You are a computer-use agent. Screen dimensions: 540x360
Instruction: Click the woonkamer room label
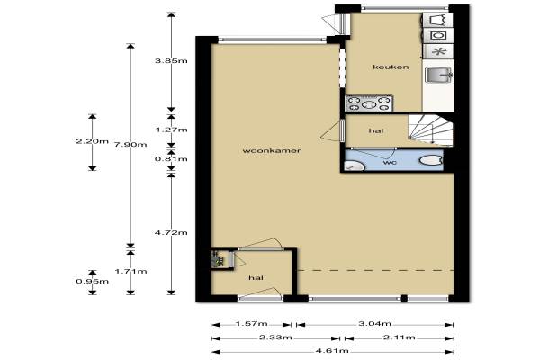pyautogui.click(x=272, y=151)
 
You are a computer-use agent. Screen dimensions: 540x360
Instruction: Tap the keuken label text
pyautogui.click(x=391, y=67)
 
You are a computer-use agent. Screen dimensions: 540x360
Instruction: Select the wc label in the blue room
pyautogui.click(x=390, y=162)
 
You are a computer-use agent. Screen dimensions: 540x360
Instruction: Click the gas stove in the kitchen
pyautogui.click(x=369, y=103)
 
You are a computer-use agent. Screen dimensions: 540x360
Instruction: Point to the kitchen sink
pyautogui.click(x=438, y=76)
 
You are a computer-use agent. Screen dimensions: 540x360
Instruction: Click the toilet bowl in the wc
pyautogui.click(x=430, y=160)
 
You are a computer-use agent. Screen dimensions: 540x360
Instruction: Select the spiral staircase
pyautogui.click(x=430, y=130)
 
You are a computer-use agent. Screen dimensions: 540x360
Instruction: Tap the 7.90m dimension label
pyautogui.click(x=130, y=145)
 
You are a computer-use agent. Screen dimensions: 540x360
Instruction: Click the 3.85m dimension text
pyautogui.click(x=171, y=61)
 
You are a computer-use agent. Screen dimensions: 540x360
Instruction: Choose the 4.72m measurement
pyautogui.click(x=171, y=233)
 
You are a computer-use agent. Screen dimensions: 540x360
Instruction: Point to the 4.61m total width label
pyautogui.click(x=332, y=351)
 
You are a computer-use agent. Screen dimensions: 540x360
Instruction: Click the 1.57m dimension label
pyautogui.click(x=251, y=324)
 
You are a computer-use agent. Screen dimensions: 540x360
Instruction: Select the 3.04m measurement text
pyautogui.click(x=374, y=324)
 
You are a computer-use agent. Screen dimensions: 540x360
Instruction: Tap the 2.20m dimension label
pyautogui.click(x=93, y=141)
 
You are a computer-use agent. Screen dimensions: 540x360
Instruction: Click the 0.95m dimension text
pyautogui.click(x=93, y=282)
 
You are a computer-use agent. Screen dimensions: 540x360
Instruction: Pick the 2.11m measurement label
pyautogui.click(x=399, y=337)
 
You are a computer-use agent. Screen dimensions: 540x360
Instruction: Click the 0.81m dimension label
pyautogui.click(x=171, y=159)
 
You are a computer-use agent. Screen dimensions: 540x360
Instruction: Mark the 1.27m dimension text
pyautogui.click(x=171, y=130)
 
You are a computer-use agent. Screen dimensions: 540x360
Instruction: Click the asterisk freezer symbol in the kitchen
pyautogui.click(x=439, y=51)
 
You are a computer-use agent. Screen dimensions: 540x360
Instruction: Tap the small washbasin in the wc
pyautogui.click(x=355, y=167)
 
